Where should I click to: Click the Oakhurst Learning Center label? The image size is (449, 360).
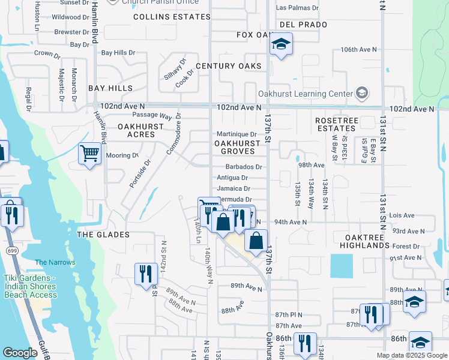coord(304,94)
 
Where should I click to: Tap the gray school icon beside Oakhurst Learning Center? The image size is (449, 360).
coord(361,93)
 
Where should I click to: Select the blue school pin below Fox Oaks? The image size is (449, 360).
coord(280,44)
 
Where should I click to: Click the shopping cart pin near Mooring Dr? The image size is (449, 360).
coord(89,154)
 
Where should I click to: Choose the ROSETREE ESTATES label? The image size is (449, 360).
coord(336,124)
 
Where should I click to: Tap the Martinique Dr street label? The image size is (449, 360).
coord(237,134)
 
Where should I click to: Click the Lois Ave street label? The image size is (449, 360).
coord(402,215)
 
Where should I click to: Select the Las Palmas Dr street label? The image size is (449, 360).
coord(297,8)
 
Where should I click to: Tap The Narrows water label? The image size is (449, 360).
coord(55,262)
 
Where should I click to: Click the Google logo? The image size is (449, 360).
coord(20,353)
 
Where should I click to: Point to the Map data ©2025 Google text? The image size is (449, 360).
coord(411,355)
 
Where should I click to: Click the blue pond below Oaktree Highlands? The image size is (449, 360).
coord(342,266)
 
